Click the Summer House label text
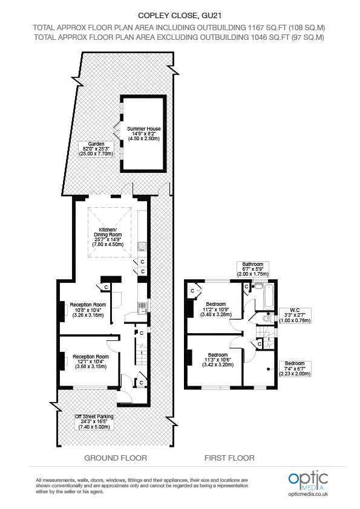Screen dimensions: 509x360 [x=143, y=134]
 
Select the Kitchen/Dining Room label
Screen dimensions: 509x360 [x=111, y=235]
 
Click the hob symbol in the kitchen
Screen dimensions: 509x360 [x=142, y=246]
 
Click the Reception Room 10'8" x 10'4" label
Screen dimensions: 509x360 [x=88, y=310]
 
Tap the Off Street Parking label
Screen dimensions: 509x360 [x=94, y=421]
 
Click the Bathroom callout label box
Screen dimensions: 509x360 [x=253, y=269]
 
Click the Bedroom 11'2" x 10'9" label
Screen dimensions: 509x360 [x=216, y=309]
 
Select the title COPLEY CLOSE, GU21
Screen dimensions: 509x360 [x=179, y=15]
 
